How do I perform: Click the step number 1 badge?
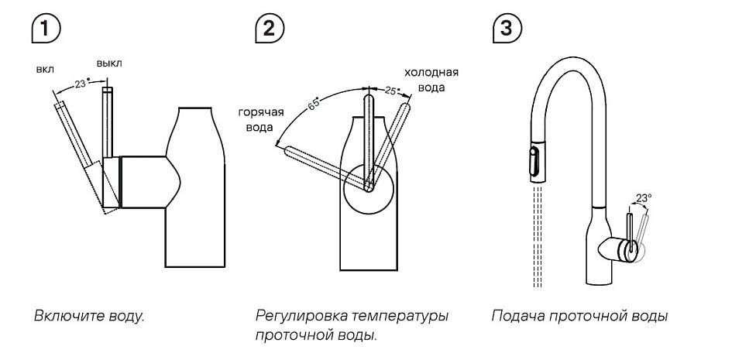(x=46, y=29)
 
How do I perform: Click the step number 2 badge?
(x=268, y=29)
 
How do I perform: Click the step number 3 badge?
(x=506, y=29)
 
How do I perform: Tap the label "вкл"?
(x=44, y=69)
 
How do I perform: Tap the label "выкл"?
(x=109, y=62)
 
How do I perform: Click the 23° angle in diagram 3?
(x=642, y=199)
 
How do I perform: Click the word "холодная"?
(x=431, y=73)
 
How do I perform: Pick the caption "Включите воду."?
(x=89, y=316)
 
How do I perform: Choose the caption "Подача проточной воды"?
(x=579, y=316)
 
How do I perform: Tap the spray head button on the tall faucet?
(x=533, y=163)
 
